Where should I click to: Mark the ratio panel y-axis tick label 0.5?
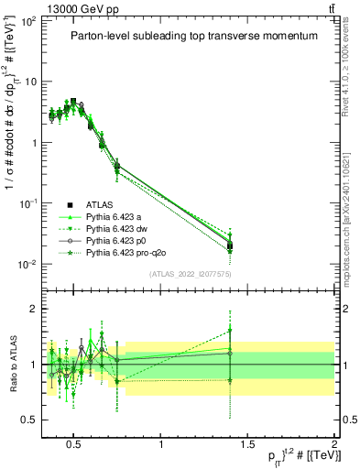29,420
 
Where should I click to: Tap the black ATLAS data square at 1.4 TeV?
230,245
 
